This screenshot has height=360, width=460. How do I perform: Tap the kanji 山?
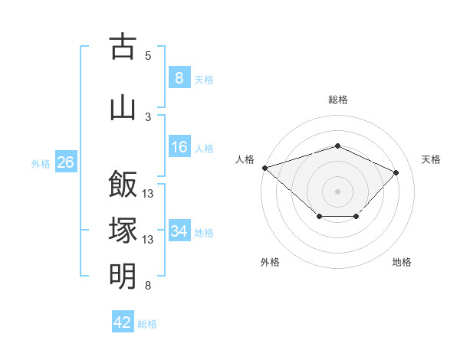(x=123, y=106)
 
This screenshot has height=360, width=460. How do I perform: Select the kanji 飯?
(x=123, y=185)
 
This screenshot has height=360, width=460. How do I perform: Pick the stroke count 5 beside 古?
(x=148, y=56)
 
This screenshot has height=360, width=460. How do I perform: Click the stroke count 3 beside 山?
(x=148, y=116)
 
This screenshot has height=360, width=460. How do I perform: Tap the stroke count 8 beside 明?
(x=148, y=286)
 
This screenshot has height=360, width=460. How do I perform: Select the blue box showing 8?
(x=179, y=77)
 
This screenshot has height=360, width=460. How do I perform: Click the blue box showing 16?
(x=179, y=147)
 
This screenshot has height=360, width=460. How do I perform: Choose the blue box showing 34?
(x=179, y=231)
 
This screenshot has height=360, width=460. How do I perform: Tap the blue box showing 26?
(x=66, y=162)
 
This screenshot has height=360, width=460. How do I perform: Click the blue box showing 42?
(x=123, y=322)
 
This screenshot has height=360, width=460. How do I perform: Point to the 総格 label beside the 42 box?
(x=147, y=324)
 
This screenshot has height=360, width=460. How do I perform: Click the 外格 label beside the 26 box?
(x=41, y=163)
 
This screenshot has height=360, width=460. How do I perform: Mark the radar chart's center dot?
(x=337, y=191)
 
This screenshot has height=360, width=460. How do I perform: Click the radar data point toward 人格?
(x=264, y=167)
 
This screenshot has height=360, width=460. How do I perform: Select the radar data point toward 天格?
(x=396, y=172)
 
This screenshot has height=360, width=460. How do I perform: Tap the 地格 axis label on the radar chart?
(x=402, y=262)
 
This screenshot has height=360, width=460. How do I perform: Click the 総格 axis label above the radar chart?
(x=337, y=100)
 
